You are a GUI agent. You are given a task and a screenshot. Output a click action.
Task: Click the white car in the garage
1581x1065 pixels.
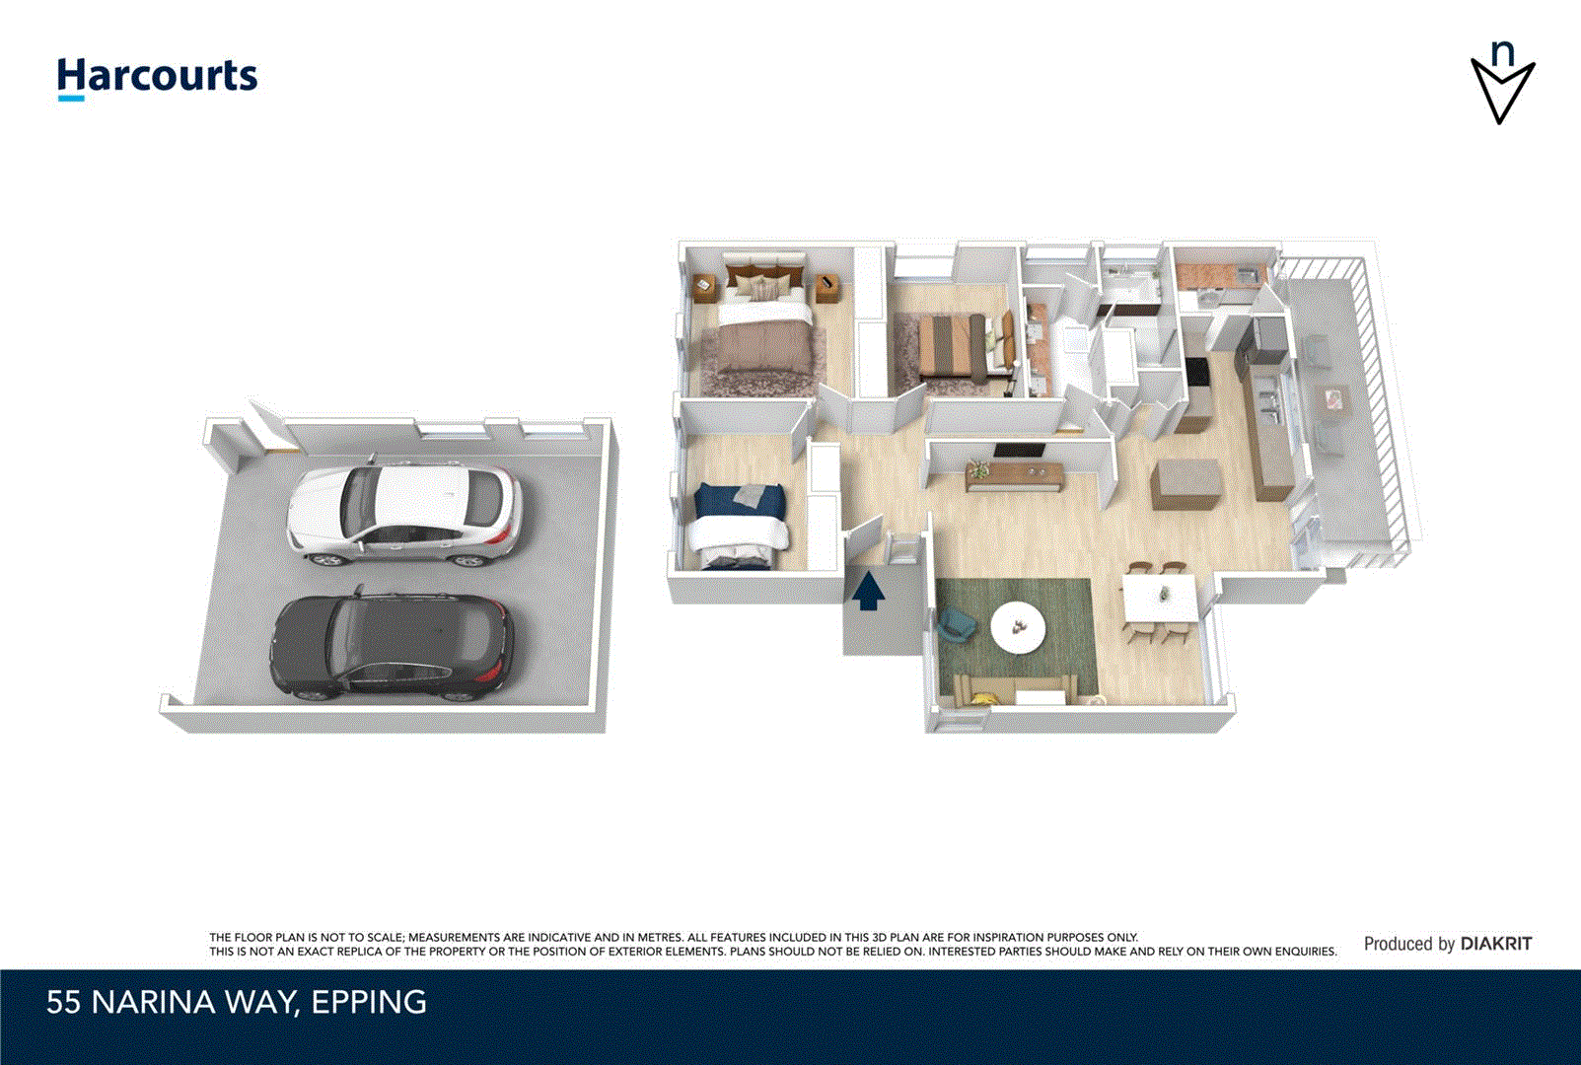pyautogui.click(x=404, y=513)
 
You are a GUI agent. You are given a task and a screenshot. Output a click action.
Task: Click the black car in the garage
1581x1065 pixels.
pyautogui.click(x=393, y=647)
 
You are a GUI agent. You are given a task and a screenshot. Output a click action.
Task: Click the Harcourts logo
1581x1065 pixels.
pyautogui.click(x=157, y=77)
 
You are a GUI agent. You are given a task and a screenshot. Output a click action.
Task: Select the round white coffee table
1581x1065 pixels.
pyautogui.click(x=1018, y=627)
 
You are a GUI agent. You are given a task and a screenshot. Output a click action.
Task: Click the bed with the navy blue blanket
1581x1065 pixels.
pyautogui.click(x=740, y=525)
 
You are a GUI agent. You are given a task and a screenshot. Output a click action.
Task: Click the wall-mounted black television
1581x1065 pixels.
pyautogui.click(x=1018, y=451)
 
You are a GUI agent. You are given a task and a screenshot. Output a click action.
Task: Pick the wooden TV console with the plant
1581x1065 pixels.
pyautogui.click(x=1015, y=476)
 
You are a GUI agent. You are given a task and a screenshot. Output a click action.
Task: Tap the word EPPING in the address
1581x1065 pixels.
pyautogui.click(x=369, y=1002)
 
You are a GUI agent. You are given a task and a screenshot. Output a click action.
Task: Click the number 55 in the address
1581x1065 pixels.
pyautogui.click(x=63, y=1002)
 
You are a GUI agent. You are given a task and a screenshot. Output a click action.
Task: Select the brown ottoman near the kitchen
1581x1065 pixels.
pyautogui.click(x=1187, y=483)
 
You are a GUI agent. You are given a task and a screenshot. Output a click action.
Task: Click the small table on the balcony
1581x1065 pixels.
pyautogui.click(x=1333, y=399)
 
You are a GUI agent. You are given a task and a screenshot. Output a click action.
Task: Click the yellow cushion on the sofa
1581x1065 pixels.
pyautogui.click(x=980, y=699)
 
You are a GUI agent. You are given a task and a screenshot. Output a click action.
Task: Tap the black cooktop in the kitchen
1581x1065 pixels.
pyautogui.click(x=1196, y=373)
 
